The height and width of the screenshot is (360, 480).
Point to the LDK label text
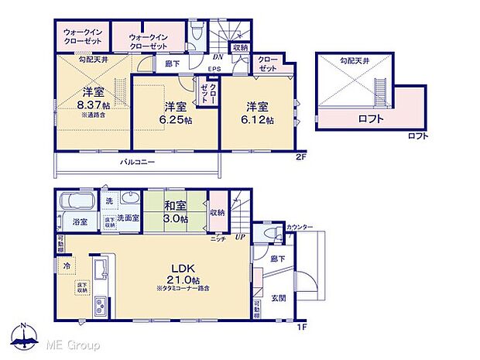(183, 266)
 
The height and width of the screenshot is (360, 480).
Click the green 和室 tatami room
(174, 211)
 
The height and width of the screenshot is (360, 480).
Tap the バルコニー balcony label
(138, 163)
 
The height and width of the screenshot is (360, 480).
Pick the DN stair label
(219, 57)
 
